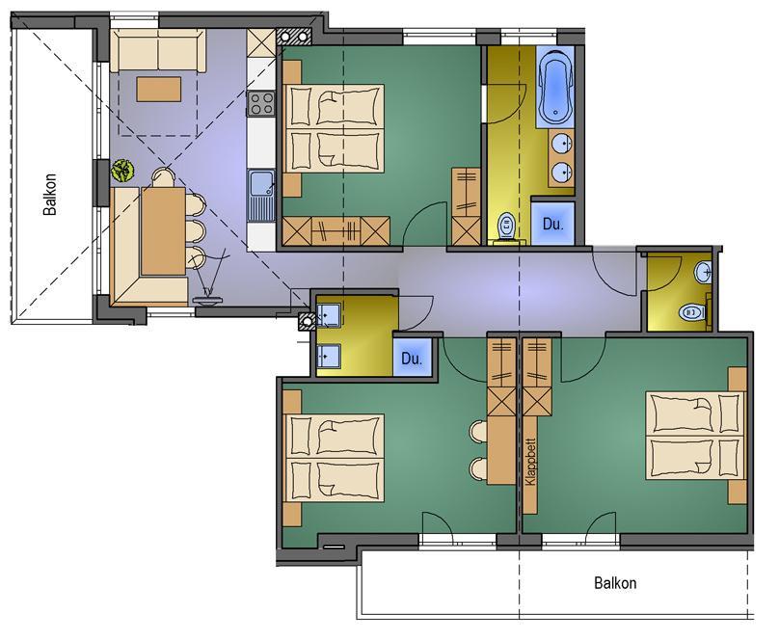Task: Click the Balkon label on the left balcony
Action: pyautogui.click(x=50, y=194)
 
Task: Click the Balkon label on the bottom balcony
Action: pyautogui.click(x=615, y=582)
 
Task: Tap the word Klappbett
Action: pyautogui.click(x=530, y=462)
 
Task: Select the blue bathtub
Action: pyautogui.click(x=555, y=87)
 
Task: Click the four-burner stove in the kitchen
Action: pyautogui.click(x=261, y=104)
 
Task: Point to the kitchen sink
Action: pyautogui.click(x=261, y=195)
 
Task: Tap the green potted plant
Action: pyautogui.click(x=122, y=171)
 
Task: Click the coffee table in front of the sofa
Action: pyautogui.click(x=159, y=89)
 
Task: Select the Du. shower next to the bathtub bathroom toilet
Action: pyautogui.click(x=553, y=223)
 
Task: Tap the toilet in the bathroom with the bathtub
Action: pyautogui.click(x=507, y=227)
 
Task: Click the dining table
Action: pyautogui.click(x=163, y=231)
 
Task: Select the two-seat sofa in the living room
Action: pyautogui.click(x=158, y=50)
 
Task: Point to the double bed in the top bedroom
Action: pyautogui.click(x=334, y=129)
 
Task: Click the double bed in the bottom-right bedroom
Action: pyautogui.click(x=695, y=436)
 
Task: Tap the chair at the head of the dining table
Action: pyautogui.click(x=164, y=177)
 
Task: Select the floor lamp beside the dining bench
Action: pyautogui.click(x=208, y=280)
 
